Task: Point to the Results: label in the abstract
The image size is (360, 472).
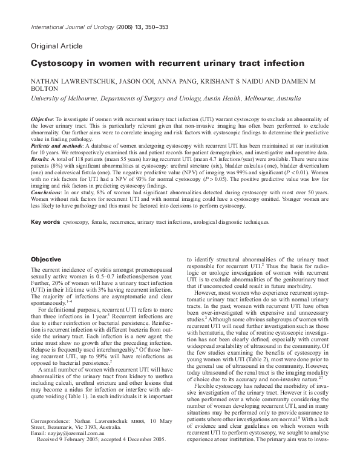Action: [x=40, y=158]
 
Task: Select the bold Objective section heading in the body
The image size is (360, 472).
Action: [x=45, y=258]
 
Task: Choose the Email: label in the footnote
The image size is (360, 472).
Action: [x=37, y=450]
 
